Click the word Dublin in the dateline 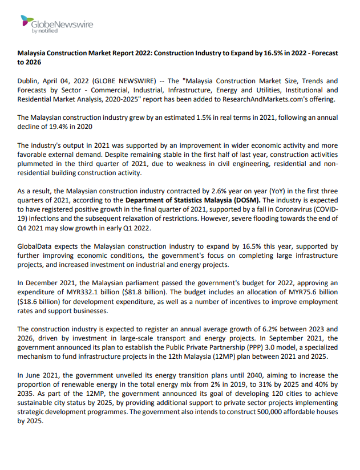29,81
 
